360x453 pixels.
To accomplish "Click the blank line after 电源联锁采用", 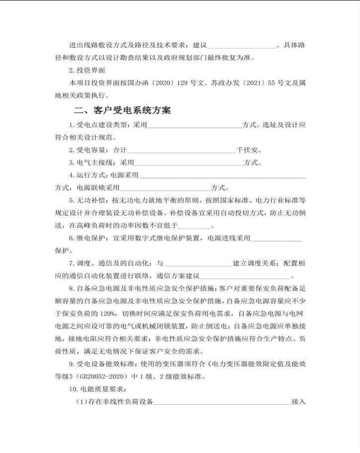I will [165, 188].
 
